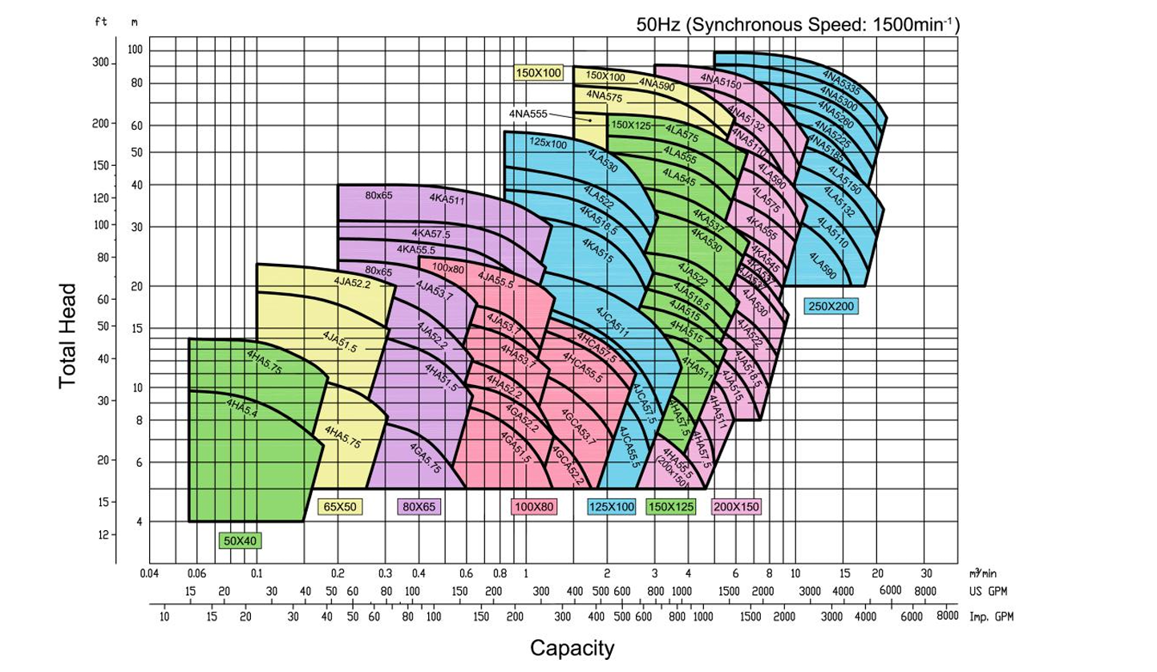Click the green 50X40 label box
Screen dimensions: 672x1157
pyautogui.click(x=241, y=540)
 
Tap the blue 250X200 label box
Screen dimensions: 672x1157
pyautogui.click(x=831, y=306)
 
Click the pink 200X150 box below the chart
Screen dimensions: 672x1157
pyautogui.click(x=736, y=506)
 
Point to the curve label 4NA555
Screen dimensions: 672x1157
pyautogui.click(x=528, y=114)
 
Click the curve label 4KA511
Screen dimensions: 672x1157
pyautogui.click(x=447, y=200)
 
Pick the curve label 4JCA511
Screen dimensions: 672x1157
pyautogui.click(x=613, y=322)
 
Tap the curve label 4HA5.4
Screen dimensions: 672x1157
pyautogui.click(x=241, y=408)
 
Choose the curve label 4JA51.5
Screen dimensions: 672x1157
pyautogui.click(x=340, y=341)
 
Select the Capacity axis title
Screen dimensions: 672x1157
pyautogui.click(x=572, y=647)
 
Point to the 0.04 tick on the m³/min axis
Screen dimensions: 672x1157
pyautogui.click(x=150, y=573)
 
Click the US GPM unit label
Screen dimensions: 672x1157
pyautogui.click(x=985, y=591)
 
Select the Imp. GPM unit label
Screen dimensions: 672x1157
pyautogui.click(x=989, y=617)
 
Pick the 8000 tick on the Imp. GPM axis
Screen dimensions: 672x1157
pyautogui.click(x=947, y=617)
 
